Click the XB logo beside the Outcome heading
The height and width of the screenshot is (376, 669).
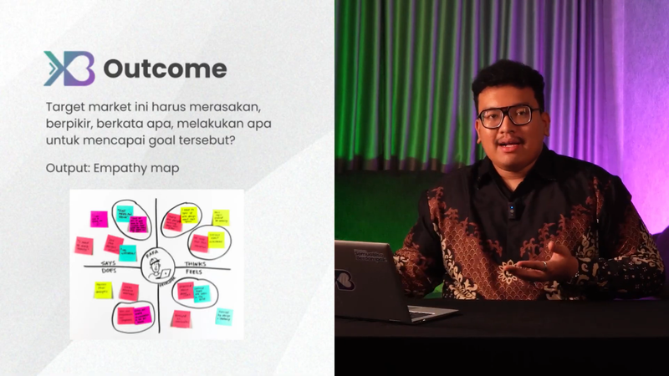point(69,69)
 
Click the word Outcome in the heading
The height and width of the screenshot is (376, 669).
point(165,69)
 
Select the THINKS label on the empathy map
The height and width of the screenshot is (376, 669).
point(194,262)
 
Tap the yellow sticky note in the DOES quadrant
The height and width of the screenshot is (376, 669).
point(102,290)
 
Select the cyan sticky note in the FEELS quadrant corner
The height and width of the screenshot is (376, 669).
point(224,316)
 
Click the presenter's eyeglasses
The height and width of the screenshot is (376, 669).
point(508,116)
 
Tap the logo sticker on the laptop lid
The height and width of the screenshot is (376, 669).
point(345,279)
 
